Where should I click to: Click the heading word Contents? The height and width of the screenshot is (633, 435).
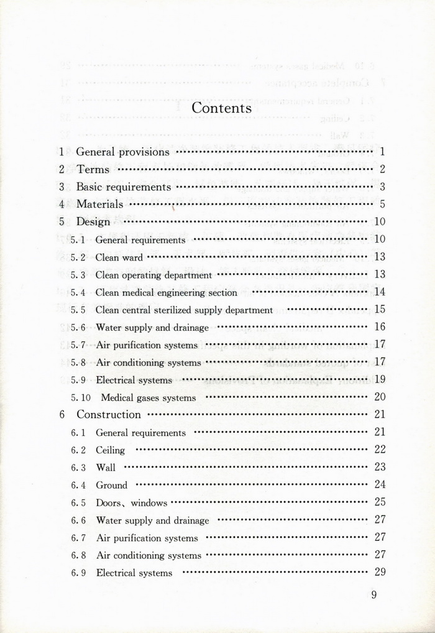pyautogui.click(x=221, y=108)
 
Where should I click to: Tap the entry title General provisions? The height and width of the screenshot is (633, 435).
pyautogui.click(x=122, y=152)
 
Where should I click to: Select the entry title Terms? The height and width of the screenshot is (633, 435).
pyautogui.click(x=93, y=169)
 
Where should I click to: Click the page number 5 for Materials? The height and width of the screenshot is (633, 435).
pyautogui.click(x=383, y=204)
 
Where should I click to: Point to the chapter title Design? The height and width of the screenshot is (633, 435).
pyautogui.click(x=93, y=221)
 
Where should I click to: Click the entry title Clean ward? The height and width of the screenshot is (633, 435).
pyautogui.click(x=119, y=257)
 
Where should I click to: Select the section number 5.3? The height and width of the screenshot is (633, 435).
pyautogui.click(x=78, y=275)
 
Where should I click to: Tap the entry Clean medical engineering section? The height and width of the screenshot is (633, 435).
pyautogui.click(x=167, y=292)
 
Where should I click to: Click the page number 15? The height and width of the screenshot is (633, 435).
pyautogui.click(x=380, y=309)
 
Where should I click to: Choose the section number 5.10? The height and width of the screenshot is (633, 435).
pyautogui.click(x=81, y=397)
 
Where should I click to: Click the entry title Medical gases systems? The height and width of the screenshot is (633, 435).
pyautogui.click(x=149, y=397)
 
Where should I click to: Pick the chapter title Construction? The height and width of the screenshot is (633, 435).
pyautogui.click(x=109, y=414)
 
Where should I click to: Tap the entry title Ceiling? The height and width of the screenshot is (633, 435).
pyautogui.click(x=111, y=450)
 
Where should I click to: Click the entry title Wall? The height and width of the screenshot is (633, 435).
pyautogui.click(x=106, y=468)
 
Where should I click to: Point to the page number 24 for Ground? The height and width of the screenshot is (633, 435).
pyautogui.click(x=380, y=484)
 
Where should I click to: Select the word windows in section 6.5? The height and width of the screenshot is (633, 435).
pyautogui.click(x=149, y=503)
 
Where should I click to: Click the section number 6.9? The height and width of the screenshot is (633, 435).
pyautogui.click(x=78, y=573)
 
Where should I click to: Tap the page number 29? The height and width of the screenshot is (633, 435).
pyautogui.click(x=380, y=572)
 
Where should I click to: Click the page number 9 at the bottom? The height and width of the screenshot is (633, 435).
pyautogui.click(x=374, y=594)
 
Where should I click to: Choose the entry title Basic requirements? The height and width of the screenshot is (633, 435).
pyautogui.click(x=123, y=187)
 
